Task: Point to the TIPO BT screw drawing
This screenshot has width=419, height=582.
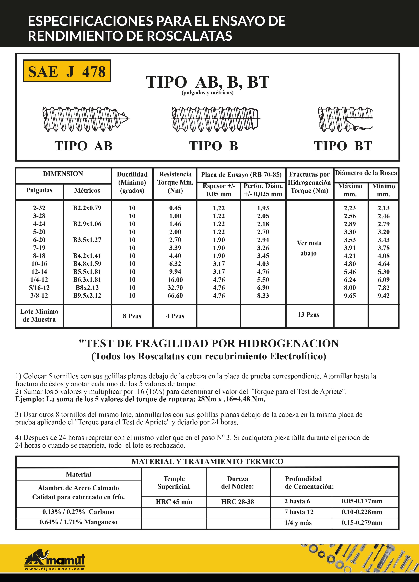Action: point(345,119)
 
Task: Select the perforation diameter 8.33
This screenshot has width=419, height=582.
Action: point(263,296)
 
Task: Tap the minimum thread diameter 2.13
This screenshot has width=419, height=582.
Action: point(383,208)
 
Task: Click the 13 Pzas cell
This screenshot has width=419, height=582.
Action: point(308,315)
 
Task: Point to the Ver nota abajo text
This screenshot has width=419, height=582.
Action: point(309,248)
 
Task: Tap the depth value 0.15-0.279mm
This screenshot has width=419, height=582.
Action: point(362,523)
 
